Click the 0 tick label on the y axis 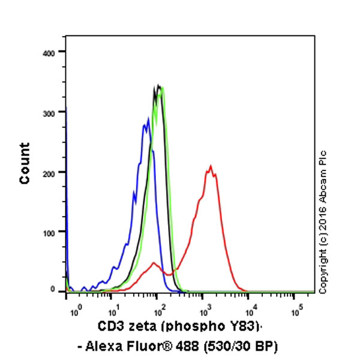(53, 290)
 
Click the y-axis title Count (25, 163)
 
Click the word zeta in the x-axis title (140, 327)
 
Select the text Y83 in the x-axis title (245, 327)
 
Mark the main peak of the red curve (210, 166)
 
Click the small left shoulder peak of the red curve (155, 263)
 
